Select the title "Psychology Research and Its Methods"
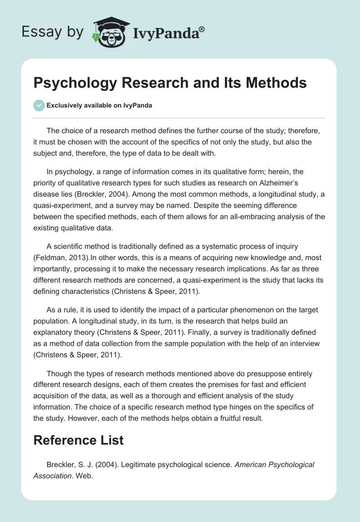point(170,83)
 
